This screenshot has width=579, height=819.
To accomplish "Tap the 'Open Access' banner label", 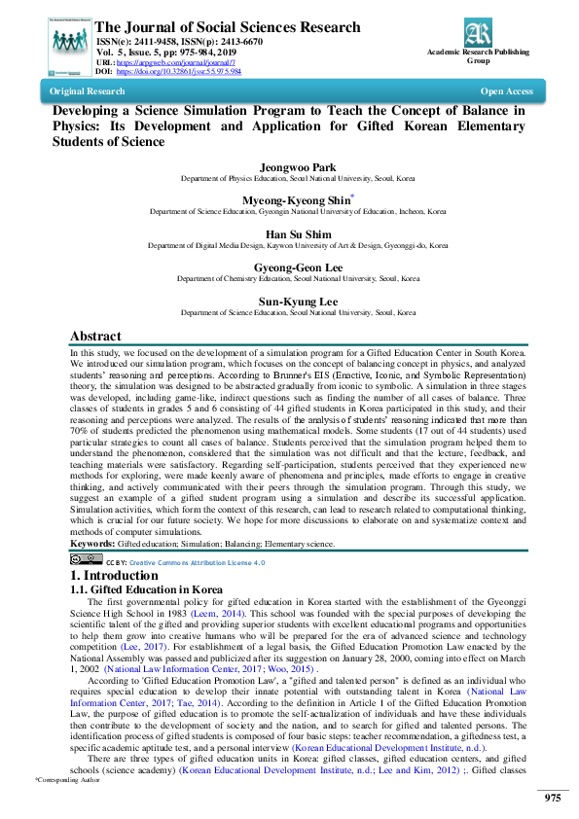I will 506,91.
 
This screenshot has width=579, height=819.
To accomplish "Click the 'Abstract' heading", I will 95,336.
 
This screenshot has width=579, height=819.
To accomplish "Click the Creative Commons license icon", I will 86,561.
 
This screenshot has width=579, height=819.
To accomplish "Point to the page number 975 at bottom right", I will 552,798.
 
